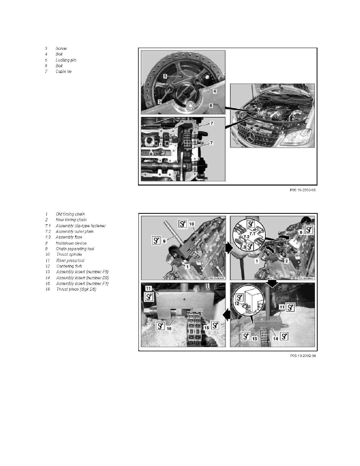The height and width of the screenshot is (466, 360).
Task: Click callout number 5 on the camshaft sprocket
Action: click(x=165, y=76)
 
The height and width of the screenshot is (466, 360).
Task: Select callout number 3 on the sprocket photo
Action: click(x=160, y=102)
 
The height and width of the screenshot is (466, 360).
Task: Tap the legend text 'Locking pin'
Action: click(x=66, y=60)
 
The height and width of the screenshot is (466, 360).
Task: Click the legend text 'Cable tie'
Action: click(x=64, y=72)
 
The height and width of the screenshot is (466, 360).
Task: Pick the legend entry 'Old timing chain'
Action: click(x=71, y=214)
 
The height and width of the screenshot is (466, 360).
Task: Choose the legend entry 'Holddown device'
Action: click(x=71, y=243)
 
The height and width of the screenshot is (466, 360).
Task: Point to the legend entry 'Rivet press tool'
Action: click(x=70, y=260)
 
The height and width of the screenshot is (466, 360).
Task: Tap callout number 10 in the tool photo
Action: click(x=192, y=224)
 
